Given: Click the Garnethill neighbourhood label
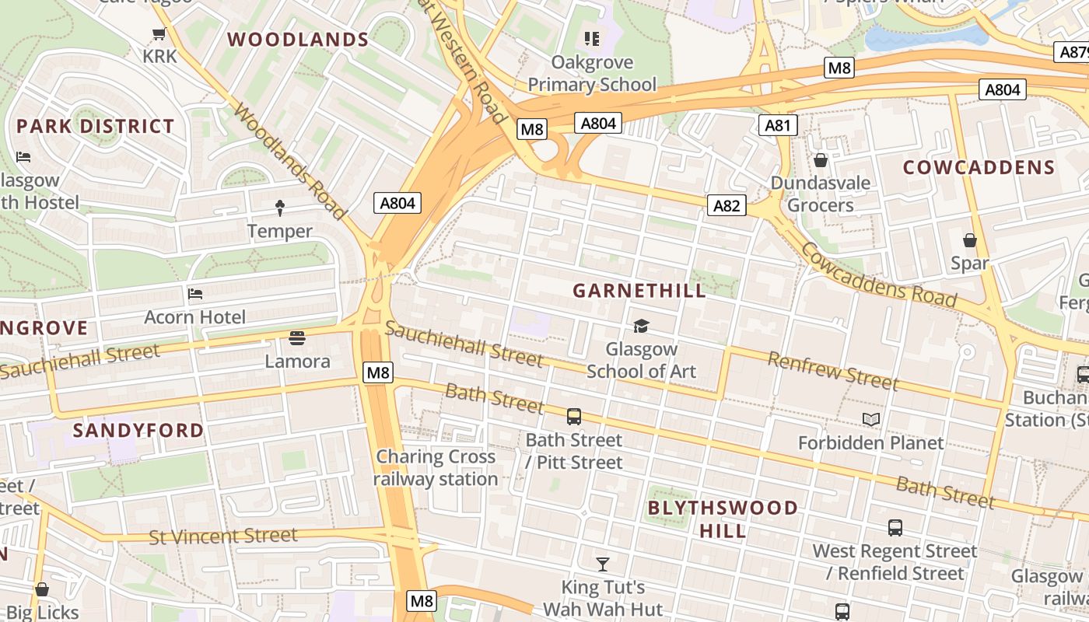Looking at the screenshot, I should [x=639, y=291].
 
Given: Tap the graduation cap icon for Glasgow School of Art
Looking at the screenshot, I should [x=641, y=326].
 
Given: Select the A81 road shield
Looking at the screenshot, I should [x=778, y=125].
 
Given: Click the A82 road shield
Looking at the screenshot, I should [x=727, y=205].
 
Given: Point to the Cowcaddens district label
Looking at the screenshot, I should [x=979, y=168].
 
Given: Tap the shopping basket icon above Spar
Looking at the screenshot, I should [x=969, y=240].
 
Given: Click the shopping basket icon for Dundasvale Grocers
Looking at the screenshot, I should [x=820, y=161].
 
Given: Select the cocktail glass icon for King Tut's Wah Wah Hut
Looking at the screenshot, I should [x=602, y=564].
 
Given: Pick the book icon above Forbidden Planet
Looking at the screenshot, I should [x=870, y=420].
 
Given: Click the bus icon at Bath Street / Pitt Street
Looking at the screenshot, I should [x=574, y=417].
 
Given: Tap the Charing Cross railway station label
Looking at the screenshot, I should [x=436, y=467].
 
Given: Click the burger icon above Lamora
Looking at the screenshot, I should [x=297, y=338].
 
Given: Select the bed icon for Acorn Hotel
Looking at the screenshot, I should [x=194, y=294].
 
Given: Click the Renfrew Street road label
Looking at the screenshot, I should [x=832, y=370].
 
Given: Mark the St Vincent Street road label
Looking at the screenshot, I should [x=222, y=536].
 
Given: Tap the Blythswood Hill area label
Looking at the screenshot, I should [x=723, y=519].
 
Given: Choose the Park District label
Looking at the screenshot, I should [x=96, y=126].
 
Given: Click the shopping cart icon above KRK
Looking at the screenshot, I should [x=159, y=33].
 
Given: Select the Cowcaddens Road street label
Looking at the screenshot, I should [x=878, y=274].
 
